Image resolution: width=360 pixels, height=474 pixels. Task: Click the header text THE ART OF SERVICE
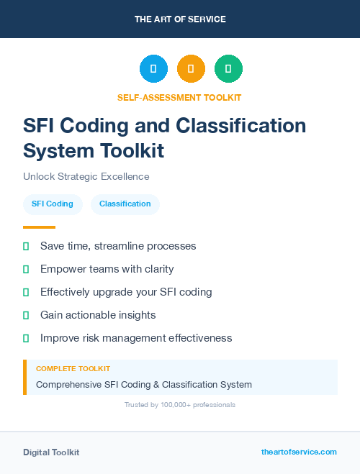(x=180, y=19)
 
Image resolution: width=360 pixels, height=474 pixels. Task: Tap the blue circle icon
(x=153, y=69)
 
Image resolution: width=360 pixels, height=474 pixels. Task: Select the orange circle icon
(x=191, y=69)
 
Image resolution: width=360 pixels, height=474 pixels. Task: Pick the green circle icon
(x=228, y=69)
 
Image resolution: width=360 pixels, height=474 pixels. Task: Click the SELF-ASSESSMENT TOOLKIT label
(x=180, y=97)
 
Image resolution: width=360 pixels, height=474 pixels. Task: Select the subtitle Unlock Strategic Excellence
(x=86, y=176)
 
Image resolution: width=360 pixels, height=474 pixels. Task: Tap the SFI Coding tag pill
(x=53, y=204)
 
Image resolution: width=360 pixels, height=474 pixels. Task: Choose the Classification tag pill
(x=125, y=204)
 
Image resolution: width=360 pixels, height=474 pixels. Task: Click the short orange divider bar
(x=39, y=227)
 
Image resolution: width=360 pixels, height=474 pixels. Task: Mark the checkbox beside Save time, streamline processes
(x=26, y=246)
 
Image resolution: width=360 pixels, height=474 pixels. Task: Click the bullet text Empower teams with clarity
(x=107, y=269)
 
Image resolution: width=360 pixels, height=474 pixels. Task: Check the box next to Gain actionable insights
(x=26, y=315)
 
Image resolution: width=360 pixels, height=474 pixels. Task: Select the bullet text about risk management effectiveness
(x=136, y=337)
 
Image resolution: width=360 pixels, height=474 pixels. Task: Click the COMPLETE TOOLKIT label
(x=73, y=368)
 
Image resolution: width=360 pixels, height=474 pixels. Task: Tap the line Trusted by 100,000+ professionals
(x=180, y=405)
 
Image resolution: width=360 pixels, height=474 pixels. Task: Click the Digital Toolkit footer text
(x=51, y=452)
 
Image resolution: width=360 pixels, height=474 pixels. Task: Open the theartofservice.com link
(x=299, y=452)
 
